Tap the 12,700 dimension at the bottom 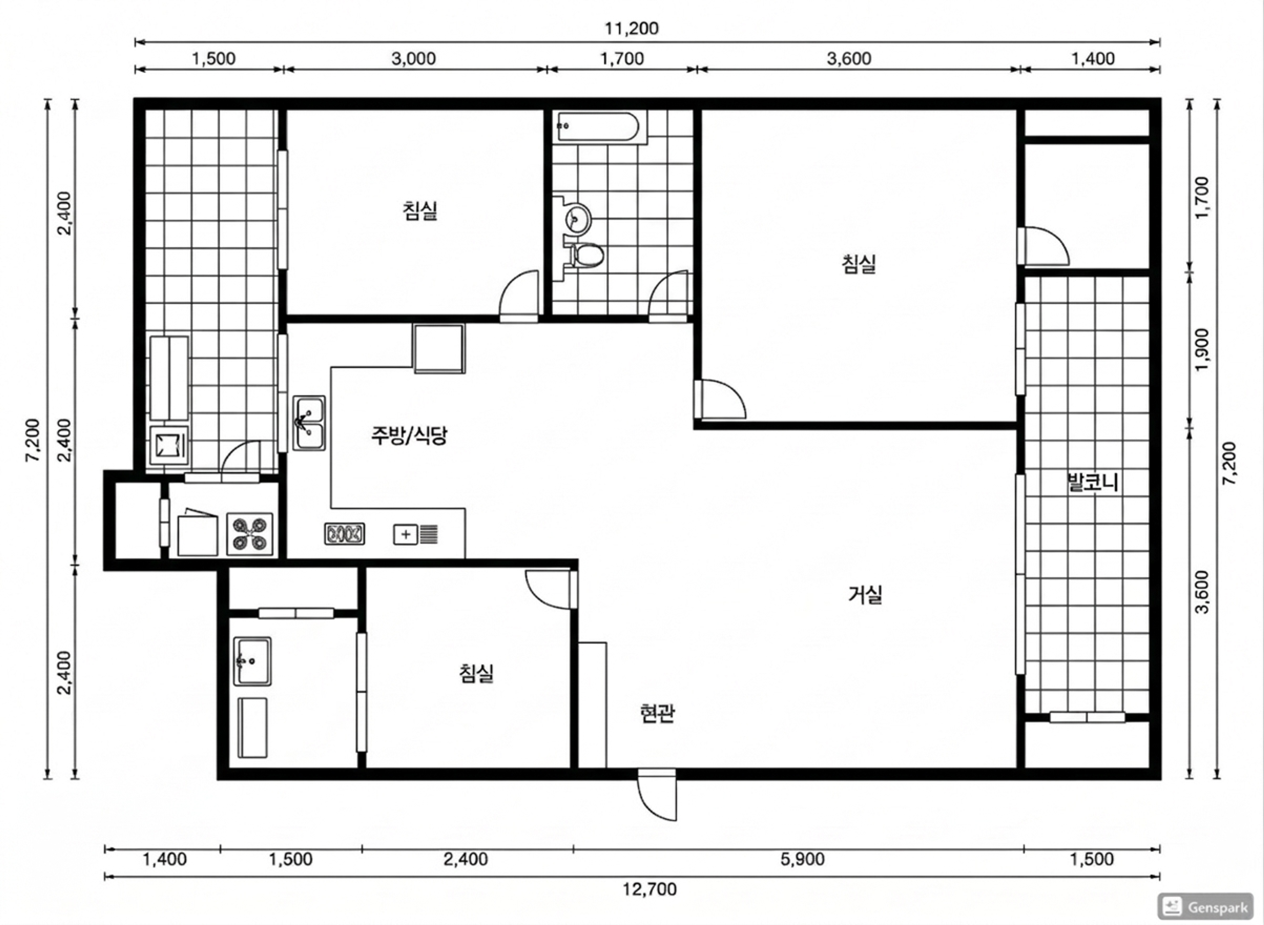pos(650,889)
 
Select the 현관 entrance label pos(657,713)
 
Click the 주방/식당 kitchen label pos(409,435)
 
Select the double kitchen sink pos(309,423)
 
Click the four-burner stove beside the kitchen pos(250,534)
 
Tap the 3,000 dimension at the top pos(413,58)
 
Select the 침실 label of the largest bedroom pos(859,264)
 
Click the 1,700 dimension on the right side pos(1201,198)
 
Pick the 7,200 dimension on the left pos(33,440)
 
